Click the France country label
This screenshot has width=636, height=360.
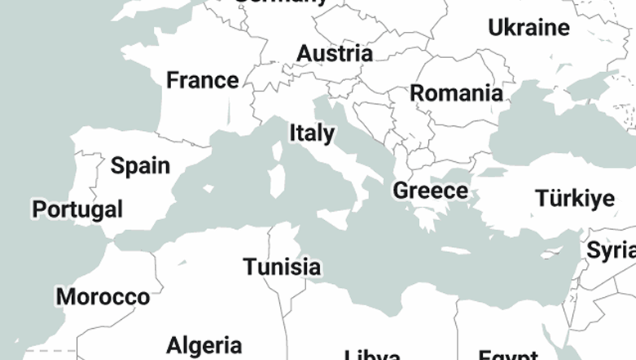pos(202,80)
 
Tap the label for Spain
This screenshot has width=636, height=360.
pos(140,166)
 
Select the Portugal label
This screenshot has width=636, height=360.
pos(77,209)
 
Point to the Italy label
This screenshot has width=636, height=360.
pos(311,133)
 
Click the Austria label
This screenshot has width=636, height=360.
pos(334,54)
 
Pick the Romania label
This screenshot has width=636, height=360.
pos(456,93)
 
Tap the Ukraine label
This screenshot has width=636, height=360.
pos(528,28)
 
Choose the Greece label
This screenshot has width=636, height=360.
pos(431,191)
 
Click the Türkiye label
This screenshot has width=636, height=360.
pos(575,198)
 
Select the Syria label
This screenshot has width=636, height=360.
pos(611,250)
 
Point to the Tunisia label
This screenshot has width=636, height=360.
pos(282,267)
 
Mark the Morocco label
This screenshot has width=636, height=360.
pos(102,296)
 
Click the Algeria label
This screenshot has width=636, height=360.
pos(204,345)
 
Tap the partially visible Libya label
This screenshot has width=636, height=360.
pos(372,354)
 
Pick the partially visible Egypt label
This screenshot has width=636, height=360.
pos(508,355)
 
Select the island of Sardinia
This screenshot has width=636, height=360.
pos(277,182)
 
